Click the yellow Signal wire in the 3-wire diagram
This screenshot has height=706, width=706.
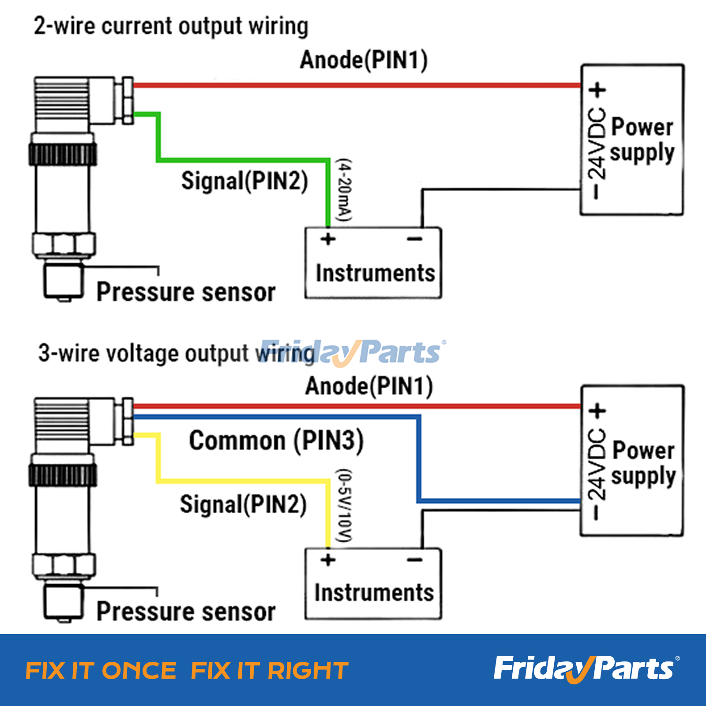(x=243, y=480)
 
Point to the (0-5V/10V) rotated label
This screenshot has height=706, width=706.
(x=344, y=506)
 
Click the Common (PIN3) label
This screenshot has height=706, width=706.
(x=276, y=440)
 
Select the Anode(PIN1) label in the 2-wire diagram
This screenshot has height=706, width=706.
(x=364, y=60)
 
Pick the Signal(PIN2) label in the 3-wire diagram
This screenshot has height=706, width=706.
(x=243, y=504)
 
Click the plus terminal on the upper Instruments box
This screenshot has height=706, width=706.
(x=328, y=239)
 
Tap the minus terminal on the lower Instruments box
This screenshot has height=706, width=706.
(x=415, y=560)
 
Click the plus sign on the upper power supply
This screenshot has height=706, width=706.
(x=598, y=90)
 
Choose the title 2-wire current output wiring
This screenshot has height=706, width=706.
(x=171, y=26)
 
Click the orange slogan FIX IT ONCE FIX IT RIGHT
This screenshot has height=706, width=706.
(x=187, y=671)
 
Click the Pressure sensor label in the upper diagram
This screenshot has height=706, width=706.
(x=186, y=292)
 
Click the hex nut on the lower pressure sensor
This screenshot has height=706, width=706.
(x=64, y=565)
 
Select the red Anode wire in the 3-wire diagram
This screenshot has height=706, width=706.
(x=353, y=406)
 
